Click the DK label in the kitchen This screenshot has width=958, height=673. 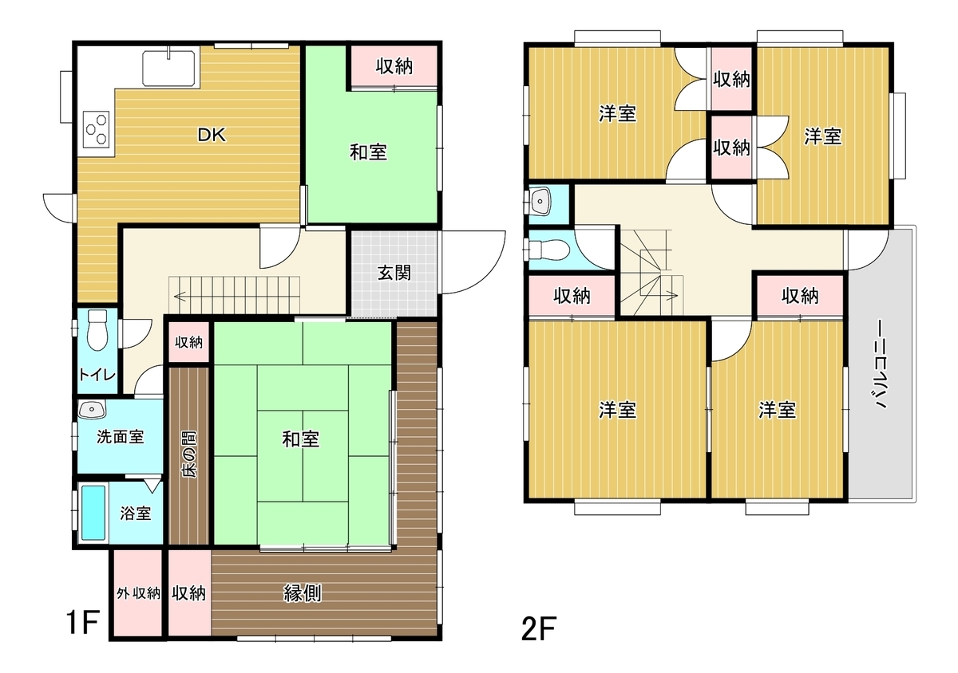(x=212, y=135)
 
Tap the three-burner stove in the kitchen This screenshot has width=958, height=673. (x=97, y=129)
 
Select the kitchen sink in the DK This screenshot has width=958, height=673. (x=169, y=69)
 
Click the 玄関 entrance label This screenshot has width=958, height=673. (x=394, y=273)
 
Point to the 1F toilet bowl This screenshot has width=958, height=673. (x=97, y=330)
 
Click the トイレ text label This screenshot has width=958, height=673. (x=97, y=375)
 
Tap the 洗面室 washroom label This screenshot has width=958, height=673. (x=121, y=437)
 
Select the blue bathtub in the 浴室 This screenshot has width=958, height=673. (x=93, y=513)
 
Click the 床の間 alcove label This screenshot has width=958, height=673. (x=189, y=455)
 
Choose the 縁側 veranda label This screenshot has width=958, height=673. (x=303, y=593)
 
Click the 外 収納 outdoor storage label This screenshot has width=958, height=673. (x=138, y=593)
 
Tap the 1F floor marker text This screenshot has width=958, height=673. (x=82, y=623)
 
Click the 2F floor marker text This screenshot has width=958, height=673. (x=538, y=628)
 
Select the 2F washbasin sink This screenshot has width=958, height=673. (x=540, y=201)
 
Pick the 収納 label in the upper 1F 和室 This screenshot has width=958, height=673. (x=394, y=66)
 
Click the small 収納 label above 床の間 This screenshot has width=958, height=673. (x=188, y=342)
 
